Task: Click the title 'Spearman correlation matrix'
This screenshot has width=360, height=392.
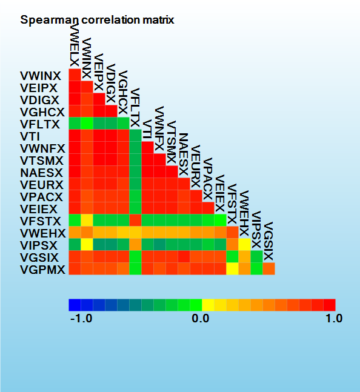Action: click(97, 20)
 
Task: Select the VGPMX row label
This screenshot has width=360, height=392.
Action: click(42, 270)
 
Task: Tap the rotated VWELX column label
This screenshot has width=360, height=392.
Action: click(75, 44)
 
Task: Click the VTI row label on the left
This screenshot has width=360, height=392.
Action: click(30, 136)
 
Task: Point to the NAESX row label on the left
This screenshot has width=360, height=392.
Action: click(41, 173)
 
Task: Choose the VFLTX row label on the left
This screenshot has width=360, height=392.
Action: click(40, 124)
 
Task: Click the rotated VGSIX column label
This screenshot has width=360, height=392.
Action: click(268, 241)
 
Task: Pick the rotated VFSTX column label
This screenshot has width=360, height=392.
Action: click(232, 204)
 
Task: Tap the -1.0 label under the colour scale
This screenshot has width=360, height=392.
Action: click(81, 319)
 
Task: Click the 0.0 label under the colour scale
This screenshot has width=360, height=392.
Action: click(201, 319)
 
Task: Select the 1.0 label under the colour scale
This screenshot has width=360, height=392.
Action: click(334, 319)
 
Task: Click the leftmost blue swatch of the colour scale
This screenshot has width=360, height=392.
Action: click(75, 305)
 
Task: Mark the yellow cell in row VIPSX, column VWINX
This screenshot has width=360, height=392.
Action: click(87, 245)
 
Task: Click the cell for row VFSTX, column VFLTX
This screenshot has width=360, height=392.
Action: click(136, 221)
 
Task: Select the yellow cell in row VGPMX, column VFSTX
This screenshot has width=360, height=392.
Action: click(233, 269)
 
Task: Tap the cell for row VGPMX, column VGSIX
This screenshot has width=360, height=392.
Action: click(268, 269)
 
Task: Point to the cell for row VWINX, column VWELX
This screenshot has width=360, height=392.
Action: click(75, 75)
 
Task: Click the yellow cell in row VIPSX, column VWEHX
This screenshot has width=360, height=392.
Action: click(244, 245)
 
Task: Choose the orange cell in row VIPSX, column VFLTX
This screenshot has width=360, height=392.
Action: click(136, 245)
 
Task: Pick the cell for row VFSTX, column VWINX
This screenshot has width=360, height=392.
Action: click(87, 221)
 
